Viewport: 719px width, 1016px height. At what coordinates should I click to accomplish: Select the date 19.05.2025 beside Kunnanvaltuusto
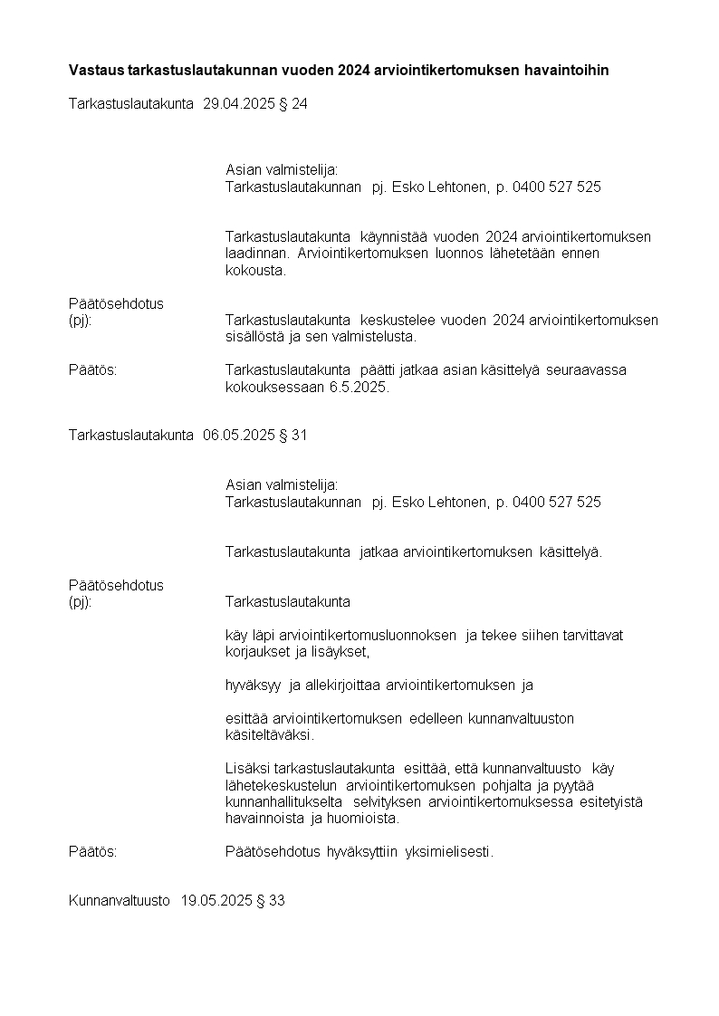click(x=214, y=901)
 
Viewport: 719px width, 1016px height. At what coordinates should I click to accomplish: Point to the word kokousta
click(x=255, y=270)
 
